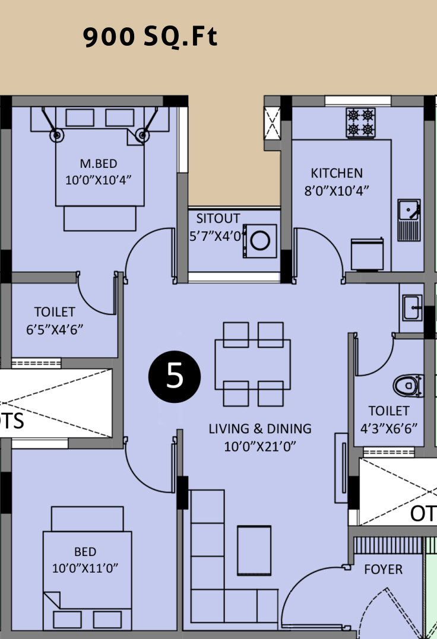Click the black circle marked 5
[175, 377]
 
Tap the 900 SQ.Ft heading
[150, 37]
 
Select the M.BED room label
[99, 163]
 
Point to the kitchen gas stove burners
[361, 122]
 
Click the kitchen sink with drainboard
[409, 220]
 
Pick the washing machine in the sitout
[260, 240]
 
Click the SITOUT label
[218, 218]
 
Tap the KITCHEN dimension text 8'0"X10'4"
[337, 190]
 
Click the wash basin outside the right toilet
[412, 308]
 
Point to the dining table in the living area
[253, 364]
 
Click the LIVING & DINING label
[260, 429]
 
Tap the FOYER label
[383, 570]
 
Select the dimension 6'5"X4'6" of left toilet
[55, 329]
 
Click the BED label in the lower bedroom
[85, 551]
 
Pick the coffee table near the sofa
[254, 550]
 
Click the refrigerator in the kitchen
[367, 255]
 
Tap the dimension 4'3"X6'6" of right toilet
[389, 428]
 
